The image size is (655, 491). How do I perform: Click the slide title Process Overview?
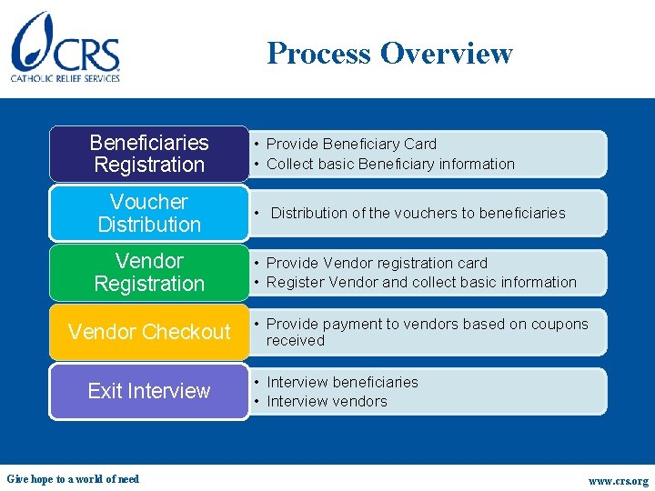pyautogui.click(x=389, y=53)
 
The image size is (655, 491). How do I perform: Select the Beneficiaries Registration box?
pyautogui.click(x=149, y=154)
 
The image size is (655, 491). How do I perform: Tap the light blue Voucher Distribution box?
pyautogui.click(x=149, y=213)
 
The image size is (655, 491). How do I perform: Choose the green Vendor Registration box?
pyautogui.click(x=149, y=272)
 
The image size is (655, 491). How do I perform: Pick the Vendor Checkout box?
pyautogui.click(x=149, y=332)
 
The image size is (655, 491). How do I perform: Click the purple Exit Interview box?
pyautogui.click(x=149, y=391)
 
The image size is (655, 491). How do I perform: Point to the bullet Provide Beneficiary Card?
pyautogui.click(x=351, y=144)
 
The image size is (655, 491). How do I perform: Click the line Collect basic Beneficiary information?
pyautogui.click(x=390, y=164)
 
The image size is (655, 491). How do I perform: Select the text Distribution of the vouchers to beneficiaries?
pyautogui.click(x=418, y=213)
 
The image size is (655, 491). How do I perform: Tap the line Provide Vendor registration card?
pyautogui.click(x=377, y=263)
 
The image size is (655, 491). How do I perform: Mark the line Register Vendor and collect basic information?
pyautogui.click(x=421, y=282)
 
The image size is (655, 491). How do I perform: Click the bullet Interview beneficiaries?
pyautogui.click(x=342, y=382)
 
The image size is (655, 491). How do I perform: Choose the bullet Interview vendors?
pyautogui.click(x=327, y=401)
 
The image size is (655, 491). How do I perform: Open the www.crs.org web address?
pyautogui.click(x=619, y=481)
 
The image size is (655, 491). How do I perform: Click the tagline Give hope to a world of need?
pyautogui.click(x=73, y=479)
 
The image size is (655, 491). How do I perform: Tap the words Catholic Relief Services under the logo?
pyautogui.click(x=65, y=78)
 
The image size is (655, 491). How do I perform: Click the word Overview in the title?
pyautogui.click(x=447, y=53)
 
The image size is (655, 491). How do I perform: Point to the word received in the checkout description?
pyautogui.click(x=295, y=340)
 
